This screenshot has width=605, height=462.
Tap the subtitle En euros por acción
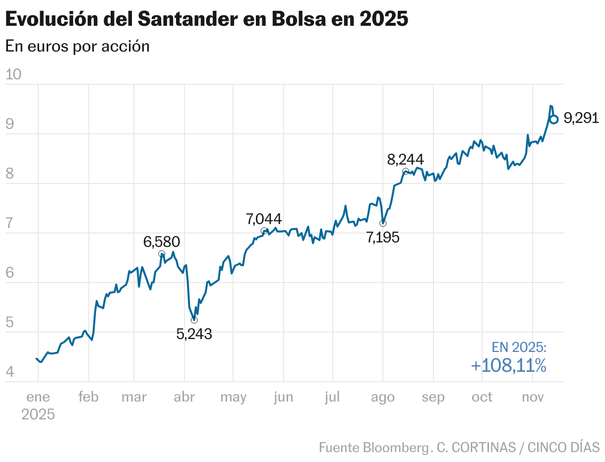[77, 46]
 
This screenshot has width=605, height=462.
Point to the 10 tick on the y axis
[13, 74]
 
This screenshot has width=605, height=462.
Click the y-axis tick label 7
[9, 223]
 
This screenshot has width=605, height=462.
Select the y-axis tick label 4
[9, 372]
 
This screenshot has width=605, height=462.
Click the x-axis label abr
[184, 397]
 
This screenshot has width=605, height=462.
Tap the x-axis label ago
[383, 397]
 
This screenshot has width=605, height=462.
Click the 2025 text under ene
[38, 414]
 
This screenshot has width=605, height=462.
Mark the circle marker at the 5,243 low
[194, 320]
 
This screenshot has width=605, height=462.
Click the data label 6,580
[162, 242]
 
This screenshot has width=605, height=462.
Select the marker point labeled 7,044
[264, 231]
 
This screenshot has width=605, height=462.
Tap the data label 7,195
[383, 237]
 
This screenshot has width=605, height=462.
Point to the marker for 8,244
[406, 171]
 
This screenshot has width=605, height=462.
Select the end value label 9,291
[581, 118]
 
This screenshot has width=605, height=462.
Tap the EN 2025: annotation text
[519, 347]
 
